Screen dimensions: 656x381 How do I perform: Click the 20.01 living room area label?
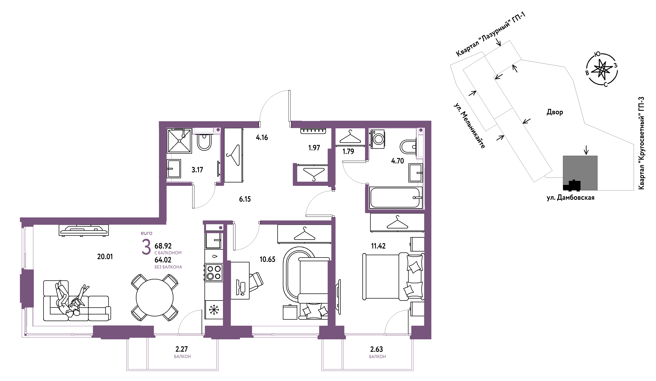(x=105, y=257)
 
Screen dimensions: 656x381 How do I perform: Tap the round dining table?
(x=155, y=298)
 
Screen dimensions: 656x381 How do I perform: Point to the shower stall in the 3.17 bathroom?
(x=179, y=141)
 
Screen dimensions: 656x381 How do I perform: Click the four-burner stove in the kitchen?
(x=214, y=272)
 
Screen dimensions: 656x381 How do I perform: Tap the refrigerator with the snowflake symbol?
(x=214, y=310)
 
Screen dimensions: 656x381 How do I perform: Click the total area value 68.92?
(x=163, y=246)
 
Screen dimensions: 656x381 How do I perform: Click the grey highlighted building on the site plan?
(x=580, y=173)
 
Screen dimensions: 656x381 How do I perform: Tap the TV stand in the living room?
(x=84, y=230)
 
